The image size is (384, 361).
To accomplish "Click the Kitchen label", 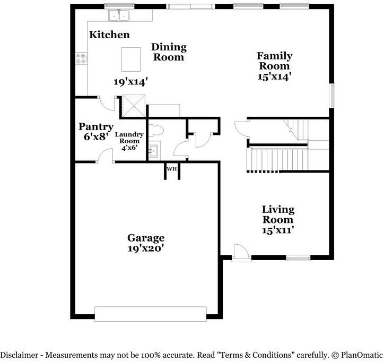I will coord(109,35).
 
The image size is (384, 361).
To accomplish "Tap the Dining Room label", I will coord(169,52).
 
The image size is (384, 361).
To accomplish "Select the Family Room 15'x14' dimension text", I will coord(274,76).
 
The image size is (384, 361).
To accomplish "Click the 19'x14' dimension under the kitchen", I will coord(130,82).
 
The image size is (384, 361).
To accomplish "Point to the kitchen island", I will coord(131,59).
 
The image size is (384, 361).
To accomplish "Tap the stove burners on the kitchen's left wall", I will coord(81,58).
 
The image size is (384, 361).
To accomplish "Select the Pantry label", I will coord(95,127).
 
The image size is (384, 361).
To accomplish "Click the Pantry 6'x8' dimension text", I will coord(95,136).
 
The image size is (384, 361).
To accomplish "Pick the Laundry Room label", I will coord(129,138).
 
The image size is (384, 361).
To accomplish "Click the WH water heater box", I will coord(171,169).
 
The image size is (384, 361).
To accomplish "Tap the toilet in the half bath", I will coord(157,130).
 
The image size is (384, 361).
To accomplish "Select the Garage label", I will coord(145,238).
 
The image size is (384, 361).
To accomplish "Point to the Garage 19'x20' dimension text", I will coord(145,248).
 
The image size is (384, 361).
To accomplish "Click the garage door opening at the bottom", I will coord(150,314).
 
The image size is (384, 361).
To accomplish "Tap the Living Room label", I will coord(278,214).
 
